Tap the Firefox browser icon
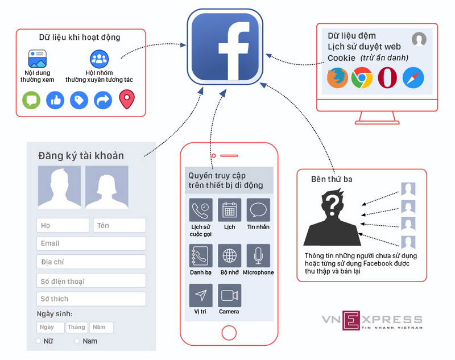click(337, 78)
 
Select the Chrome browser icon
click(362, 78)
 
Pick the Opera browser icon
click(387, 78)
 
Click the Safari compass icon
click(413, 78)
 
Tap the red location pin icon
click(127, 100)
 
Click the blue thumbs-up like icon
click(55, 101)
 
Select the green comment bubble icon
click(31, 101)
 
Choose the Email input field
click(91, 243)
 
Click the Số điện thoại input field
click(91, 280)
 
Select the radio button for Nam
click(77, 341)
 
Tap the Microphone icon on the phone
click(258, 256)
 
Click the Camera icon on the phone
click(229, 295)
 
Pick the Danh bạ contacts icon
click(201, 256)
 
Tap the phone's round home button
click(229, 333)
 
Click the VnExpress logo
click(372, 320)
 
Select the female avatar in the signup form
click(107, 187)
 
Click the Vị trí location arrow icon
click(201, 295)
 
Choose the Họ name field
click(63, 225)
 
